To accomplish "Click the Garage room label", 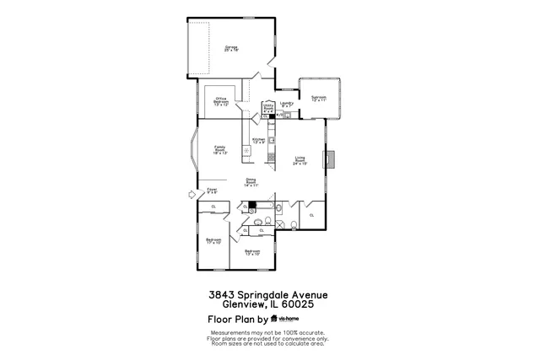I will [230, 48].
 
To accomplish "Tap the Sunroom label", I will [319, 99].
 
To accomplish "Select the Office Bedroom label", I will [221, 102].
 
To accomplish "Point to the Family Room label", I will [219, 149].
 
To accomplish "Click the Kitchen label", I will [259, 141].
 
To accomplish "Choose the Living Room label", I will [300, 160].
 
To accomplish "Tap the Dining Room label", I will [251, 181].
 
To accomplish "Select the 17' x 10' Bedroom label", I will [213, 241].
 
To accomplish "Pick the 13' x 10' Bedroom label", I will [252, 252].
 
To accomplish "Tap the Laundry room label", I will [286, 105].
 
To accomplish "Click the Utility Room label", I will [268, 107].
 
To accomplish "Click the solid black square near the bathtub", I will [251, 205].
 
